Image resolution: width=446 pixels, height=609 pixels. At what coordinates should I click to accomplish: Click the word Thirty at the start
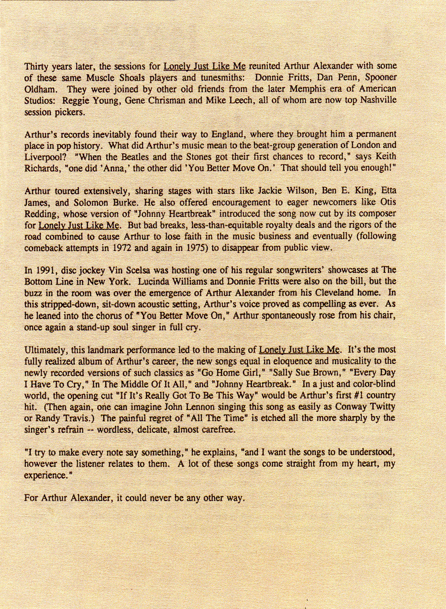[35, 67]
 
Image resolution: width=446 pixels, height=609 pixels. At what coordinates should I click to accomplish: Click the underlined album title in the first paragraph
[205, 67]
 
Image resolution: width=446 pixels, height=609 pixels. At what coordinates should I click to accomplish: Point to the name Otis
[390, 201]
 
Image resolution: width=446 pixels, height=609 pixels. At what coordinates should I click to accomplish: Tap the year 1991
[45, 270]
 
